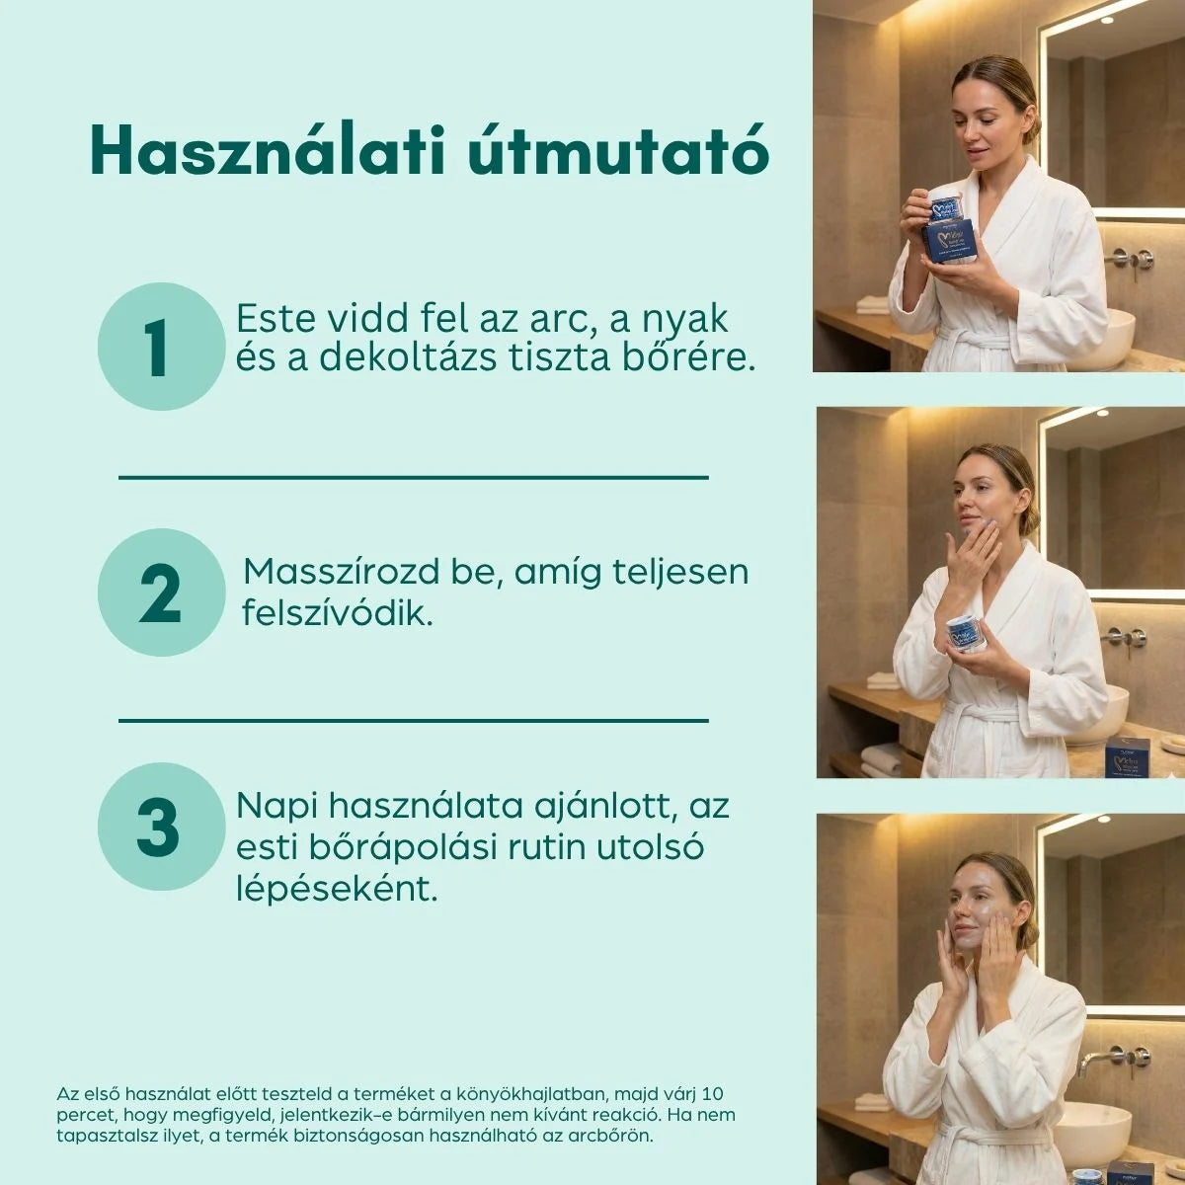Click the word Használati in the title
pyautogui.click(x=267, y=150)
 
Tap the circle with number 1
pyautogui.click(x=161, y=347)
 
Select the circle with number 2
pyautogui.click(x=161, y=592)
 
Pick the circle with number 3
pyautogui.click(x=161, y=826)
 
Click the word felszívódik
pyautogui.click(x=338, y=613)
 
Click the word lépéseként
pyautogui.click(x=337, y=889)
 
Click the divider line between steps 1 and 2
pyautogui.click(x=413, y=477)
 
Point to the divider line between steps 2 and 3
pyautogui.click(x=413, y=720)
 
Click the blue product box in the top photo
pyautogui.click(x=951, y=243)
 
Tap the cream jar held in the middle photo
pyautogui.click(x=965, y=633)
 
